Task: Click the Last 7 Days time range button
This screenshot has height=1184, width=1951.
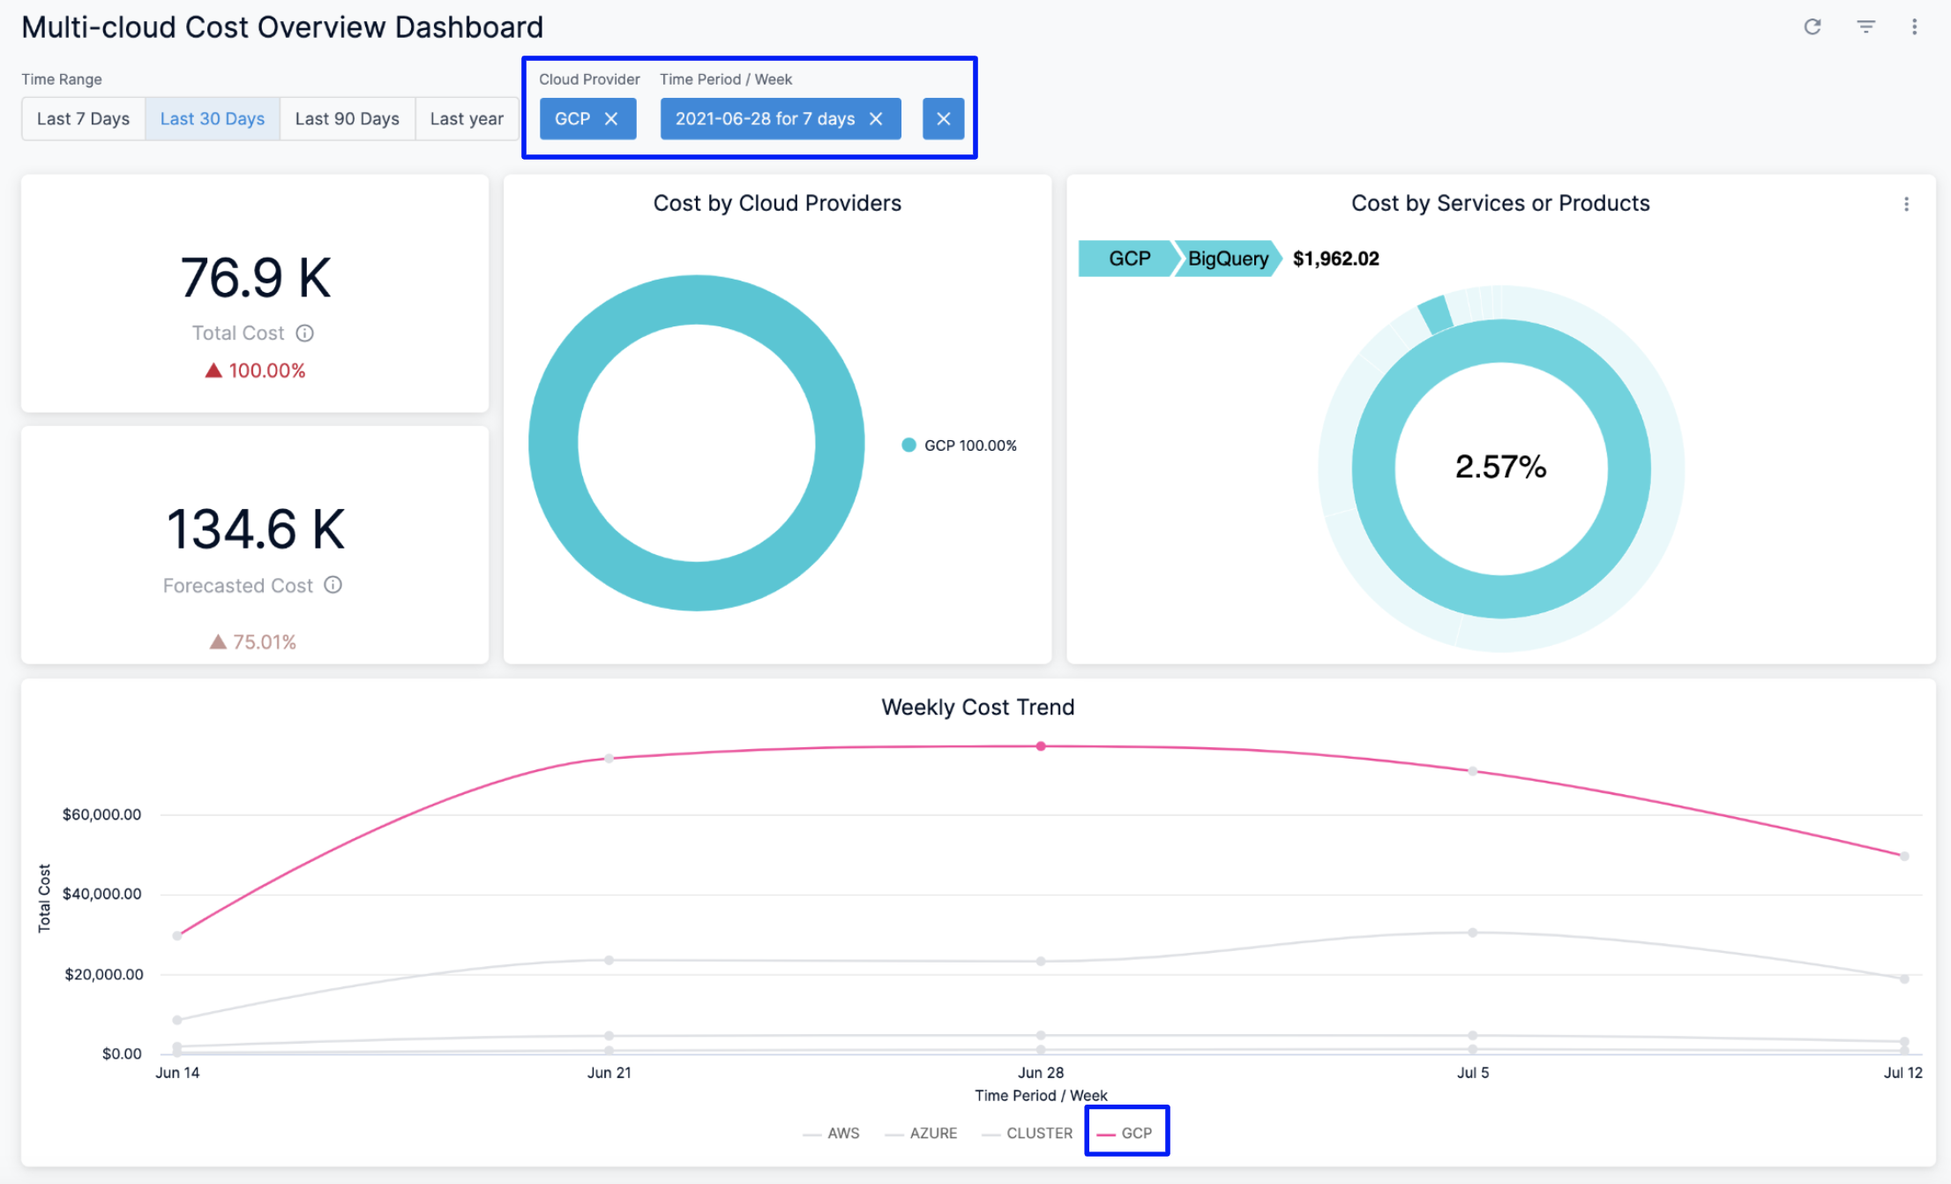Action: pos(83,118)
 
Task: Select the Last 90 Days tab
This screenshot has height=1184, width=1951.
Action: pos(347,118)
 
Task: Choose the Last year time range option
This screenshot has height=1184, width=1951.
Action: pos(467,118)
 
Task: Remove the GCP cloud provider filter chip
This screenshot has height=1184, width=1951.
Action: pos(611,118)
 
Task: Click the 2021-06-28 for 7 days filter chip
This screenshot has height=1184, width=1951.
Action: pos(765,118)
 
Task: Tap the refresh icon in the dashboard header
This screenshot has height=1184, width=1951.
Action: pos(1813,26)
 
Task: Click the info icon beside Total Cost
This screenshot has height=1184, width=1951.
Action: pos(304,333)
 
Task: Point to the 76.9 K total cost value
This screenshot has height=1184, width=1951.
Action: pos(255,278)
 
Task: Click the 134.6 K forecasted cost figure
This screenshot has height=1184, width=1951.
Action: pos(255,529)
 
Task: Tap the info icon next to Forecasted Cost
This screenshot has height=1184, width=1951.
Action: pos(333,585)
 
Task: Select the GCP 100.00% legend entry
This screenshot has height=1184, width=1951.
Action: pos(960,446)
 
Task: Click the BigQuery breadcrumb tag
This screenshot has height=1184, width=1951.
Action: pos(1227,259)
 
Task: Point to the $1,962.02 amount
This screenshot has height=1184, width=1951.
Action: pos(1335,259)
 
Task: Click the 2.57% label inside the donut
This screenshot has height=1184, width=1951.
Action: pos(1500,467)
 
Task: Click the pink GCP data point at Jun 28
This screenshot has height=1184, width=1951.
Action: pos(1041,746)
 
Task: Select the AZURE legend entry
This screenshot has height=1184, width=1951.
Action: pos(932,1133)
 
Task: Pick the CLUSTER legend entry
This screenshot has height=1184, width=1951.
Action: pos(1038,1133)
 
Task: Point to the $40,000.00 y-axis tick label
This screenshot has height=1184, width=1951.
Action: pos(101,894)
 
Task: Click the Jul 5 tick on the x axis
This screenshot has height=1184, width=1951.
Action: pos(1472,1073)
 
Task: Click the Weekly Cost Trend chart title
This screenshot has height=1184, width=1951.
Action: pos(977,707)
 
